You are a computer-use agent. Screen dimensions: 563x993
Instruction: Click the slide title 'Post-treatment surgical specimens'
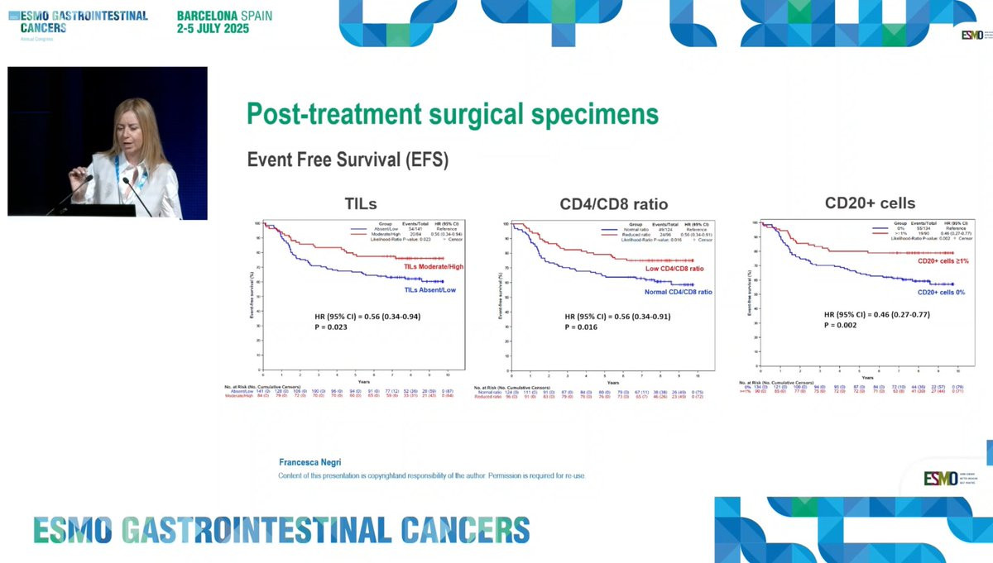(x=453, y=114)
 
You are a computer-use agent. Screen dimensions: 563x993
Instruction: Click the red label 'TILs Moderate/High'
(x=434, y=266)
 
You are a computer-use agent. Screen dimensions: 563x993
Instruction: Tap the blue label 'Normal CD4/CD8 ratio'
(x=679, y=292)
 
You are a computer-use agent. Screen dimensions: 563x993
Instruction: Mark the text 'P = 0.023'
(x=331, y=327)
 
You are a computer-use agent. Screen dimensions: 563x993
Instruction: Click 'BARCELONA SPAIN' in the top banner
(x=224, y=16)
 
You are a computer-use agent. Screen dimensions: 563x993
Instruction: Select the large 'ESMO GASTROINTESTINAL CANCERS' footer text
(x=281, y=530)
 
